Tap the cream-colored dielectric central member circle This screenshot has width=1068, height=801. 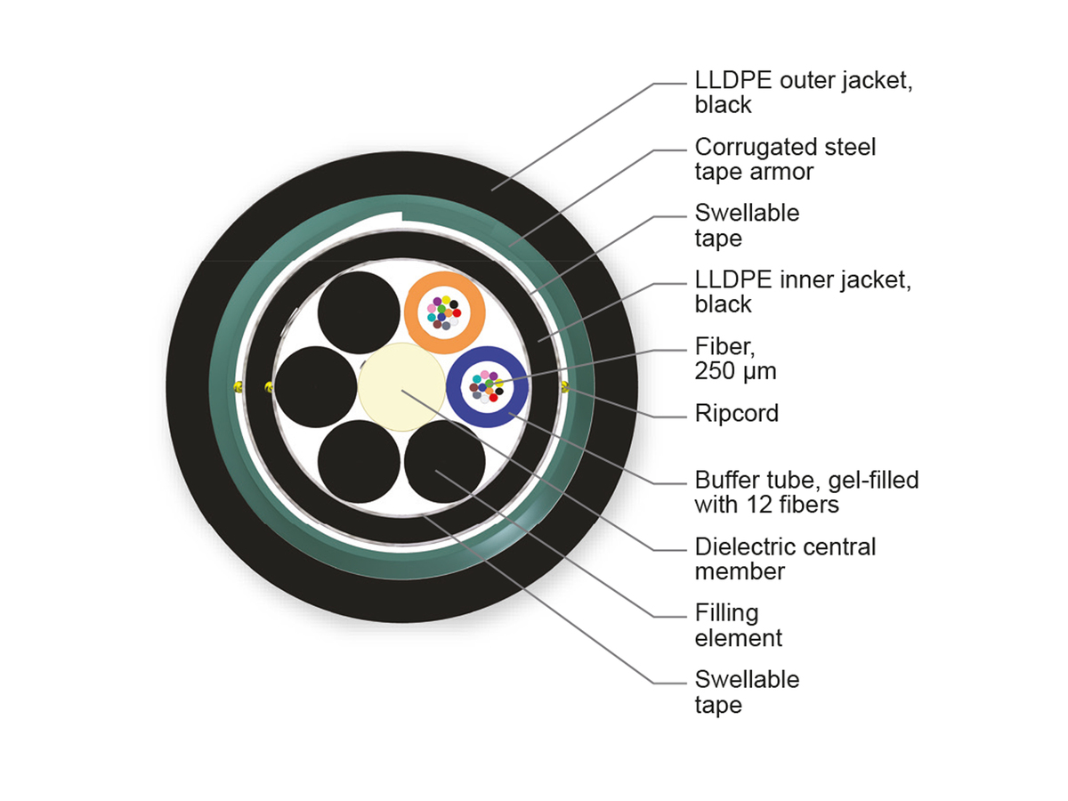[400, 386]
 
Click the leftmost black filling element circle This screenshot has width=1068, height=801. [315, 387]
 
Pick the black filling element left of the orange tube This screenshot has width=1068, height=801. [358, 312]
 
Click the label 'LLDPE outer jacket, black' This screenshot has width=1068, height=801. [804, 93]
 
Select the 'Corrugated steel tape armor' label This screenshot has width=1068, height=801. [785, 158]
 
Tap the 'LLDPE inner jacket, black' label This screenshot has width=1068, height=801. [804, 291]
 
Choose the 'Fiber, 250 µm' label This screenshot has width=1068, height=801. [735, 358]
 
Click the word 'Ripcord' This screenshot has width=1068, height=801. [736, 413]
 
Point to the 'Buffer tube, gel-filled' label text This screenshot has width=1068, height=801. [806, 481]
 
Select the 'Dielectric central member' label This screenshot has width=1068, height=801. [785, 558]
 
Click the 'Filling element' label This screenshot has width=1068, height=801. [739, 625]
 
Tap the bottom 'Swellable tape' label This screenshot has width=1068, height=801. [747, 692]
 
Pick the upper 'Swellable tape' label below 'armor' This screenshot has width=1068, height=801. [747, 225]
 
